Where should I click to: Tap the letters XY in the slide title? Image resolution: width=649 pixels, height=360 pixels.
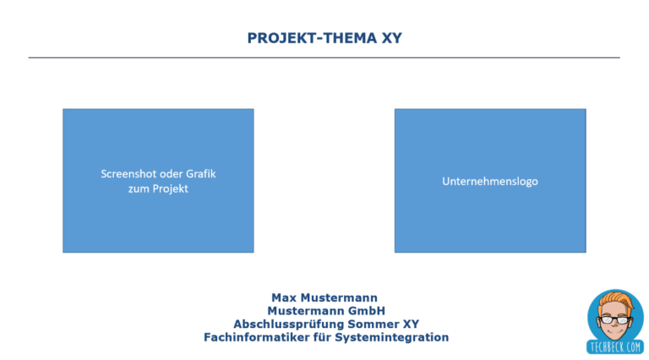click(390, 38)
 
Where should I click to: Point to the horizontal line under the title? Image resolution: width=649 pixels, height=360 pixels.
click(324, 57)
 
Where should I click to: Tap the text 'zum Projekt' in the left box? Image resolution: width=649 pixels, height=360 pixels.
click(158, 188)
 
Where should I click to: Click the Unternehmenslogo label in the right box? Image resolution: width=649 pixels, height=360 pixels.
click(489, 181)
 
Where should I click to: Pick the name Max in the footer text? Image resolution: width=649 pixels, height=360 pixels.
click(286, 297)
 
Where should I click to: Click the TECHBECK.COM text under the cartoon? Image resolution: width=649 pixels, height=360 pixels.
click(614, 346)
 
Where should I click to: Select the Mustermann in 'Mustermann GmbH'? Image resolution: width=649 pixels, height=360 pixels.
click(306, 311)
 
